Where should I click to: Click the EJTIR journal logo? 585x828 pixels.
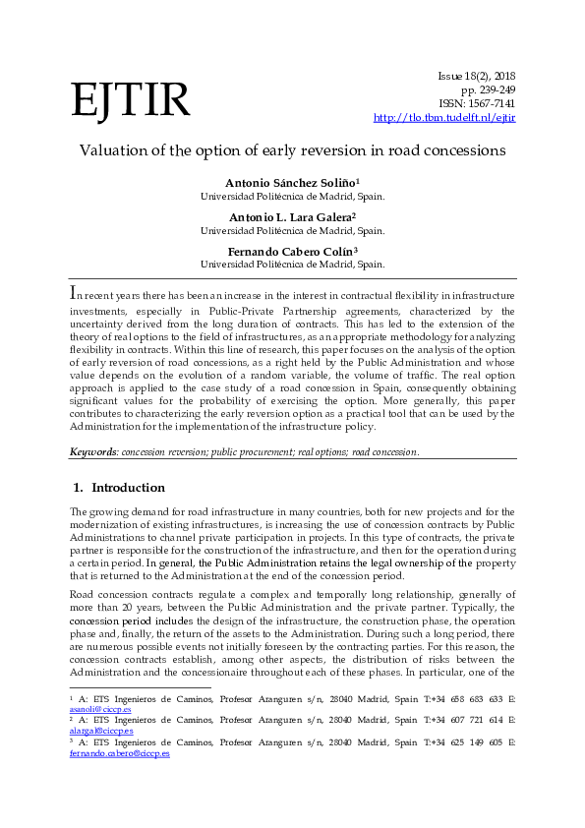tap(130, 100)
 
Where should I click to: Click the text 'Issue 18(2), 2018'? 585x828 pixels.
tap(476, 76)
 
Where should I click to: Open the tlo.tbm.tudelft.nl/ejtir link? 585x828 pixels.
tap(444, 118)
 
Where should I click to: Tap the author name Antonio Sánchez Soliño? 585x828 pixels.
tap(292, 183)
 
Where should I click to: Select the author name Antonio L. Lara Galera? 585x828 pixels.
tap(292, 217)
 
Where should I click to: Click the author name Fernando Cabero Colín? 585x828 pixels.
tap(292, 252)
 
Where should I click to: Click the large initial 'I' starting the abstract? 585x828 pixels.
tap(73, 294)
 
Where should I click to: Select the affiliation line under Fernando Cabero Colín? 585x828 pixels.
tap(292, 265)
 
